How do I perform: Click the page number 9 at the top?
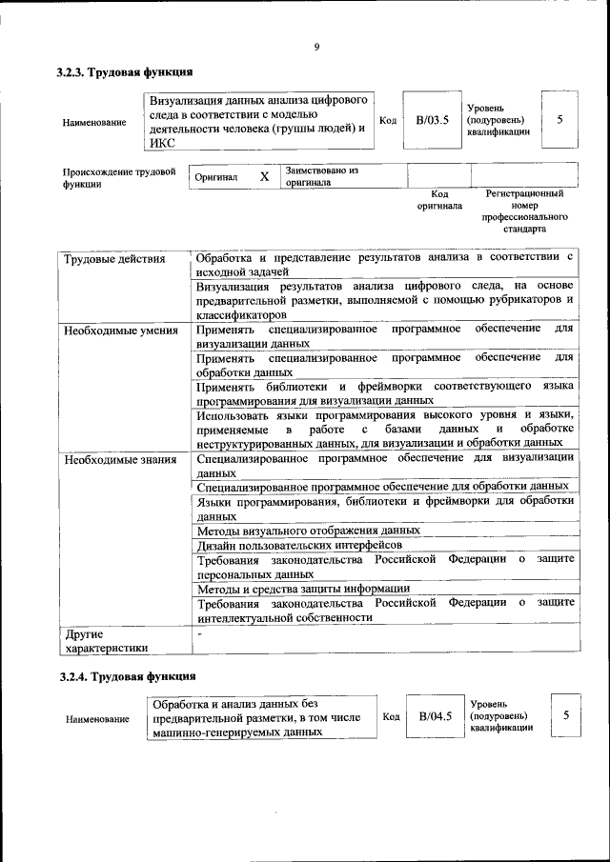[315, 48]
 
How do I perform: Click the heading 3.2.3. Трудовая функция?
[125, 72]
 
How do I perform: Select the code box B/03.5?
[431, 121]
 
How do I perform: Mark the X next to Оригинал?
[264, 177]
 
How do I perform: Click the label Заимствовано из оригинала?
[320, 177]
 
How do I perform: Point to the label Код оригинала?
[438, 199]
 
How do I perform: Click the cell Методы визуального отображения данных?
[308, 530]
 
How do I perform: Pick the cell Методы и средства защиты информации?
[303, 589]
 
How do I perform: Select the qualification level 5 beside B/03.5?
[559, 120]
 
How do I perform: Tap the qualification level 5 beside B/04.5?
[565, 714]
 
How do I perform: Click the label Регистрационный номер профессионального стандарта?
[524, 211]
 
